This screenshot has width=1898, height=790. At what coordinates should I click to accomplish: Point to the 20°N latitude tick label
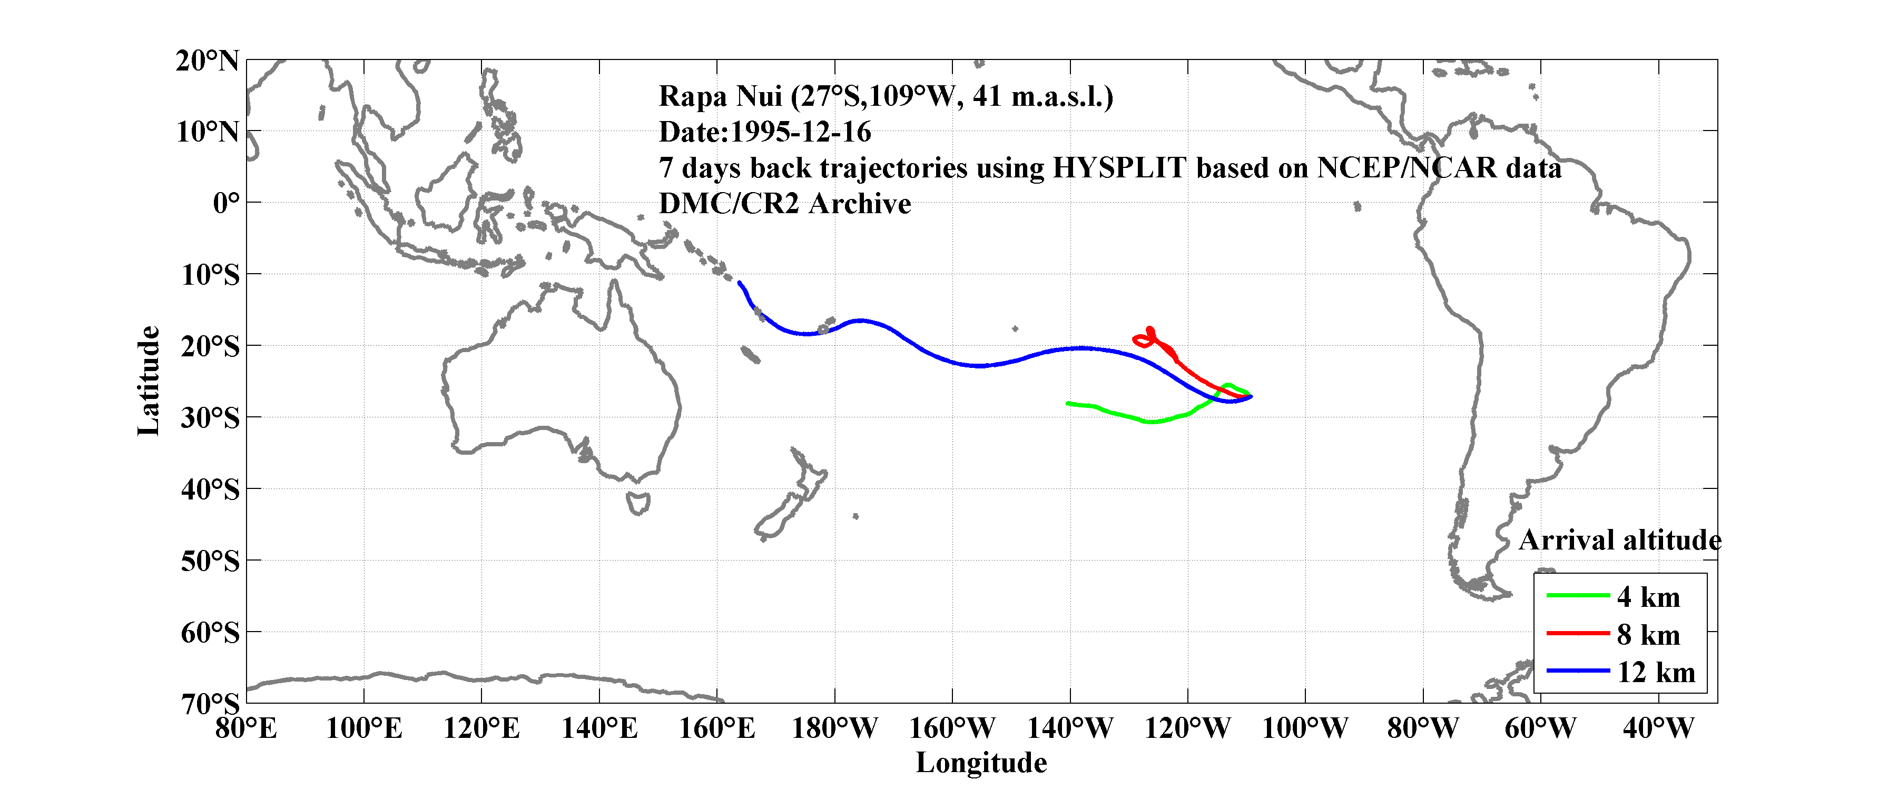(x=208, y=61)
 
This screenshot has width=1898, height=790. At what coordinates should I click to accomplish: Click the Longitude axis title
(x=981, y=763)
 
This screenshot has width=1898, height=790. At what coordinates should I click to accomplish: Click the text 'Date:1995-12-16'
(x=765, y=132)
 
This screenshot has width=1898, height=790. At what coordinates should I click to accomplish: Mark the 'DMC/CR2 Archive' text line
(x=785, y=203)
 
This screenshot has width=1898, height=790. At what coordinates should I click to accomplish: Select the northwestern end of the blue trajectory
(x=739, y=282)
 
